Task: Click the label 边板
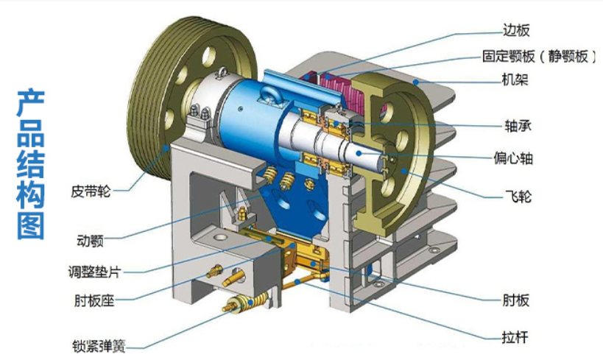(x=516, y=30)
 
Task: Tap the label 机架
(x=515, y=80)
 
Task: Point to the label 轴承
(x=518, y=125)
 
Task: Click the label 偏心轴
(x=513, y=158)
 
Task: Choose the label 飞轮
(x=518, y=196)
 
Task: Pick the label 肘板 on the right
(x=515, y=300)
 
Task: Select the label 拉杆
(x=515, y=337)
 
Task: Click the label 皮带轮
(x=91, y=191)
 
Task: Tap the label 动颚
(x=91, y=241)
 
